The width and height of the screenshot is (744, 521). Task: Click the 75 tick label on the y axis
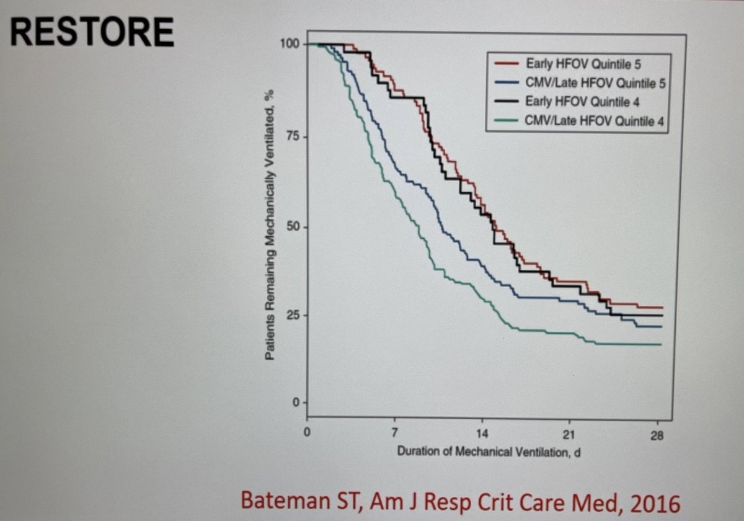pos(293,136)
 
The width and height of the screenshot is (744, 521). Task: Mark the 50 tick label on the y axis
pos(293,227)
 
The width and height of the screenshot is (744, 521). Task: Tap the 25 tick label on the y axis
pos(292,315)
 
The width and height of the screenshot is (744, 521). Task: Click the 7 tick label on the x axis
pos(394,434)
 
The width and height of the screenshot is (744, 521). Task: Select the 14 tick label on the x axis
pos(482,434)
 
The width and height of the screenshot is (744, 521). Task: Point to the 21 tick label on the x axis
pos(570,435)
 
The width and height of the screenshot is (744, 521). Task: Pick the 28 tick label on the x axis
pos(658,435)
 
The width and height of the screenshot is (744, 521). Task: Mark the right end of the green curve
pos(661,344)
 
